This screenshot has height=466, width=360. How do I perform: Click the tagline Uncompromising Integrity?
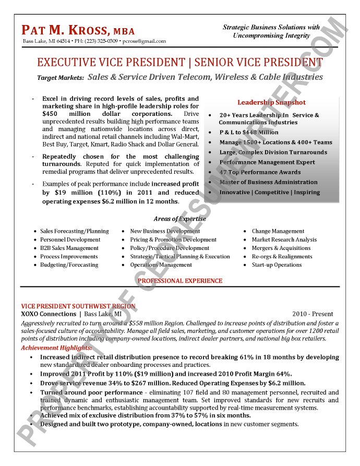(x=271, y=35)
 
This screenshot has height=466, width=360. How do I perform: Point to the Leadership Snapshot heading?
(x=271, y=102)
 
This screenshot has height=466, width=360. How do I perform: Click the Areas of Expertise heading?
(x=179, y=219)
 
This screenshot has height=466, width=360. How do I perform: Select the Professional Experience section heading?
(x=180, y=281)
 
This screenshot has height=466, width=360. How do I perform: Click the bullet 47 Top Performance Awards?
(x=260, y=172)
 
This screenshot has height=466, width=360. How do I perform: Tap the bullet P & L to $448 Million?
(x=249, y=133)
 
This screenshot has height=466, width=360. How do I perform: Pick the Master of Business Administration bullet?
(x=268, y=182)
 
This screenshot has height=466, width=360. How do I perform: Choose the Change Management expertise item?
(x=278, y=231)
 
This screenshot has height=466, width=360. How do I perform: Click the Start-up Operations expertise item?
(x=277, y=265)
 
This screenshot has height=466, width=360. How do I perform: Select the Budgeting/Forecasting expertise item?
(x=69, y=265)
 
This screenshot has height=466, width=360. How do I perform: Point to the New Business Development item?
(x=165, y=231)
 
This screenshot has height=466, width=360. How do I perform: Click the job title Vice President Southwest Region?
(x=78, y=306)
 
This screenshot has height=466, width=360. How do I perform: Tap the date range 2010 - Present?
(x=313, y=314)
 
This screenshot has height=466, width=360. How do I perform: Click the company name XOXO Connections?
(x=49, y=314)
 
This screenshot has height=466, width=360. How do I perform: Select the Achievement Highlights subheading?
(x=56, y=348)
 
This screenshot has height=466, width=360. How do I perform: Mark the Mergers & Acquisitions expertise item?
(x=281, y=248)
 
